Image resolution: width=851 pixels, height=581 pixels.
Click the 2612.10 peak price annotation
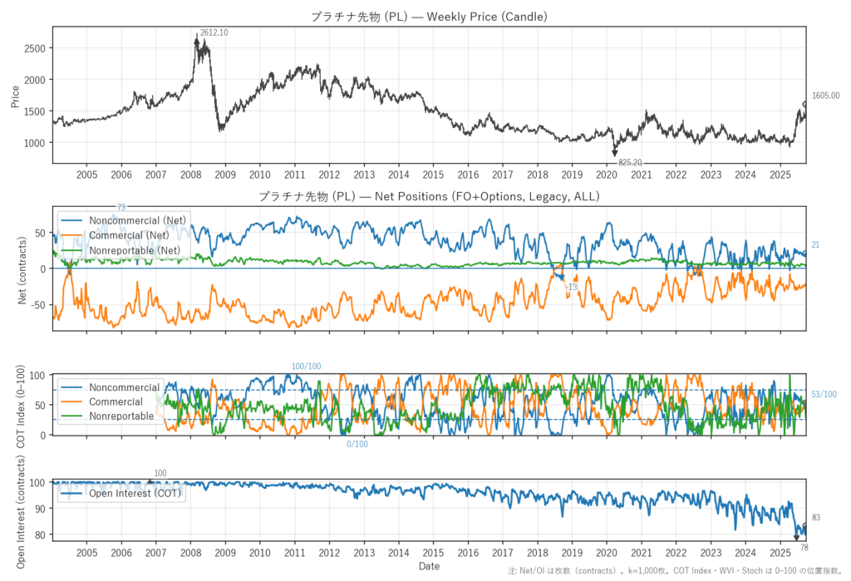click(x=214, y=32)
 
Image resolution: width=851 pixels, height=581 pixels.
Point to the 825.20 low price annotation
click(x=630, y=162)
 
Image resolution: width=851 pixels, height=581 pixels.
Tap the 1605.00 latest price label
click(x=825, y=96)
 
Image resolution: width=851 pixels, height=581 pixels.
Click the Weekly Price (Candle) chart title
click(x=429, y=16)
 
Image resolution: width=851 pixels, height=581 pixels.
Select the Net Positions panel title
click(x=429, y=197)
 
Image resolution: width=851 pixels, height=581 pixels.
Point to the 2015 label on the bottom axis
click(x=432, y=553)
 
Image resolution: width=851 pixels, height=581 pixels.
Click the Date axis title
click(x=429, y=567)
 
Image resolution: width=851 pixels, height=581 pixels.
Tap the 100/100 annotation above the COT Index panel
click(x=306, y=367)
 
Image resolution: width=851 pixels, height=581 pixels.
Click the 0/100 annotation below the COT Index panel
click(x=357, y=444)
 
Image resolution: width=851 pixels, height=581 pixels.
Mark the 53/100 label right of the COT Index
click(x=824, y=394)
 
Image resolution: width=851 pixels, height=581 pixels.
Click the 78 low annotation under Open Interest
click(x=804, y=548)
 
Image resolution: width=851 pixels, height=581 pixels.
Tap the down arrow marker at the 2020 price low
click(x=615, y=152)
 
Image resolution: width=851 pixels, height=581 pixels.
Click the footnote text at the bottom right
click(x=679, y=571)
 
